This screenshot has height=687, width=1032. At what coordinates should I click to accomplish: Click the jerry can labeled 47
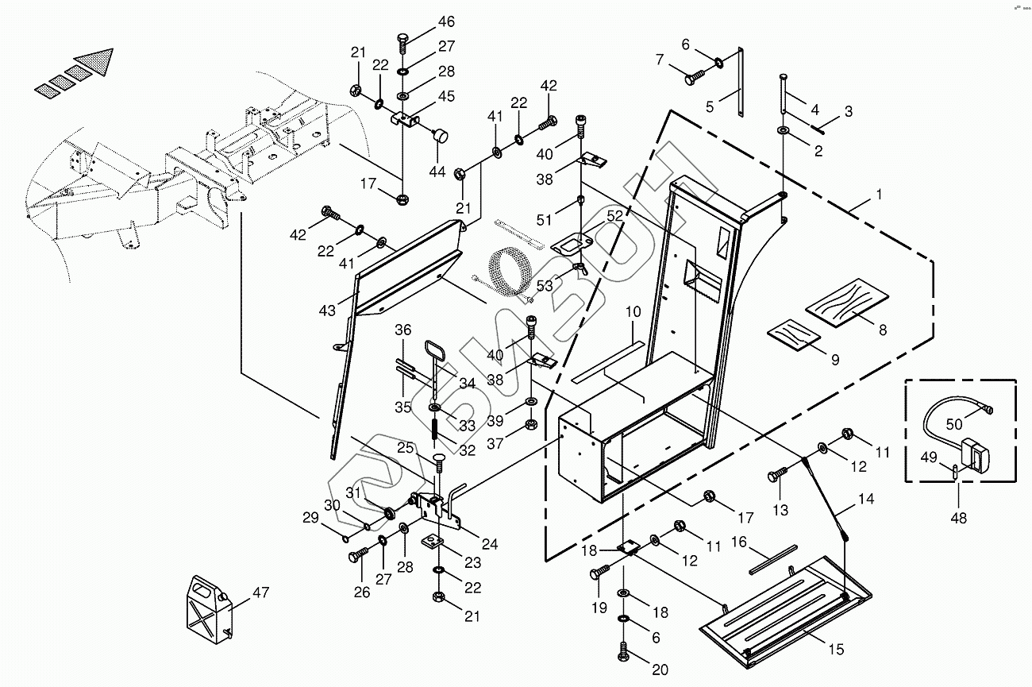[208, 608]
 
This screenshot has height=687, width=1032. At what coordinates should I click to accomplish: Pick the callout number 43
[328, 312]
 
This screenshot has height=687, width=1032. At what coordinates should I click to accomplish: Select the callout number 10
[632, 313]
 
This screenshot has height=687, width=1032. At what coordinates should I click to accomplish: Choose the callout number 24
[490, 544]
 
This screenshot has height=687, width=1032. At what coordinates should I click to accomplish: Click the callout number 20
[660, 670]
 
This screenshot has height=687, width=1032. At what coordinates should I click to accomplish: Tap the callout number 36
[404, 330]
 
